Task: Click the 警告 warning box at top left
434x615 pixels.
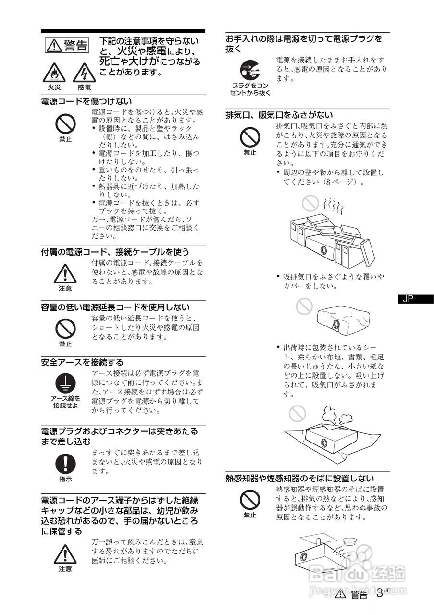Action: click(67, 46)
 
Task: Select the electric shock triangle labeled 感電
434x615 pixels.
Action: click(84, 73)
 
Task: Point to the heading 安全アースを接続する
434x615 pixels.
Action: click(82, 362)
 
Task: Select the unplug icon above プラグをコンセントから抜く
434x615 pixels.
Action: click(250, 71)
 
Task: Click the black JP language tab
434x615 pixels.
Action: click(412, 299)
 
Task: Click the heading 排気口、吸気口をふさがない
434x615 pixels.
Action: click(279, 115)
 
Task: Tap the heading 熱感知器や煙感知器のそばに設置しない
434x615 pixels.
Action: click(300, 478)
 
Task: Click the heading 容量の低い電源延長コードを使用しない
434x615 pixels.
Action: click(115, 307)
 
